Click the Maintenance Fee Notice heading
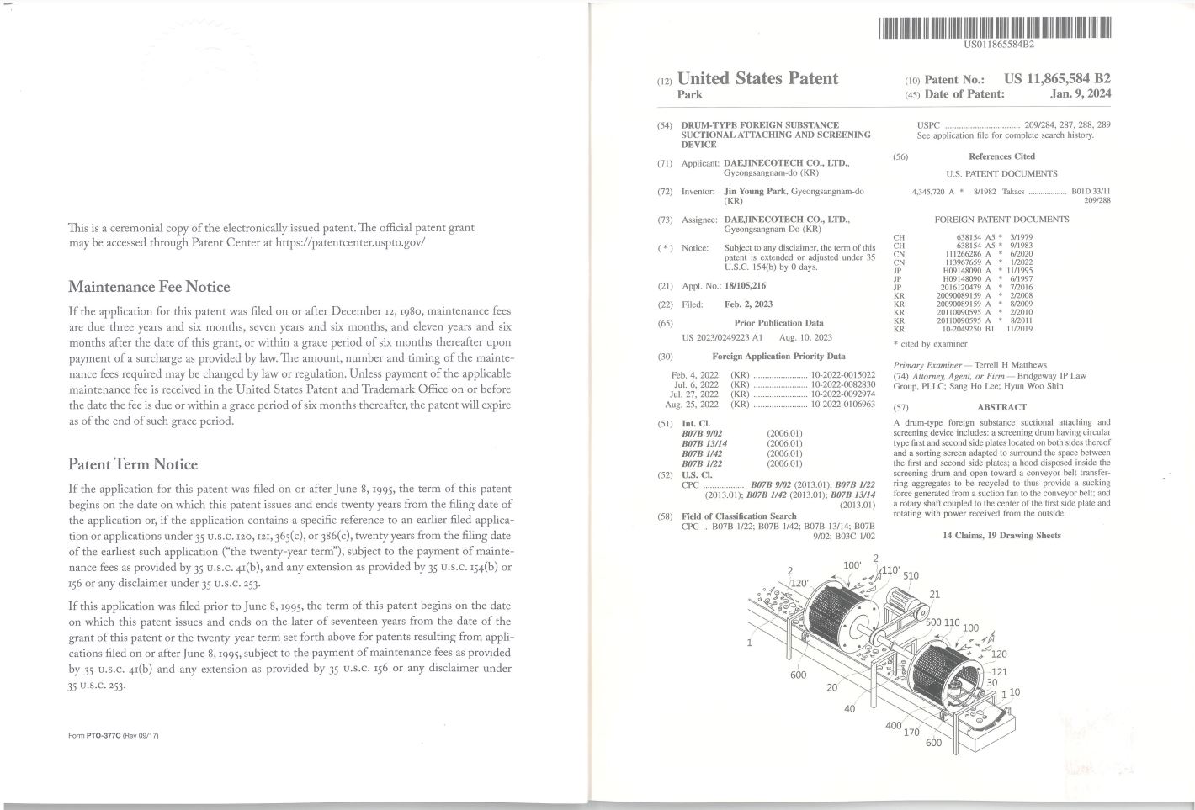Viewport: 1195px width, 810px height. pyautogui.click(x=149, y=287)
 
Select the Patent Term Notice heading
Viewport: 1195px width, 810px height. pyautogui.click(x=133, y=464)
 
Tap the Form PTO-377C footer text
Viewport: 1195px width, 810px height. pyautogui.click(x=114, y=736)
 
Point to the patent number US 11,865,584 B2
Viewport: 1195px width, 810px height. pyautogui.click(x=1057, y=78)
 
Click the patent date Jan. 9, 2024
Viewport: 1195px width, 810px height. pyautogui.click(x=1081, y=94)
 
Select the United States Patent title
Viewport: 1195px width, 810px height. pyautogui.click(x=757, y=78)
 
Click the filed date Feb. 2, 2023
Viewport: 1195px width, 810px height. pyautogui.click(x=748, y=304)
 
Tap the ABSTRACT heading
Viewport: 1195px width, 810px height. pyautogui.click(x=1001, y=407)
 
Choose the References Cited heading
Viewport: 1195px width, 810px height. pyautogui.click(x=1001, y=156)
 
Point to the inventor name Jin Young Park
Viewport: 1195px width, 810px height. pyautogui.click(x=755, y=192)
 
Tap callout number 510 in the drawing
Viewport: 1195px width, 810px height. pyautogui.click(x=911, y=576)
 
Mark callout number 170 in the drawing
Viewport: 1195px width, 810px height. pyautogui.click(x=911, y=732)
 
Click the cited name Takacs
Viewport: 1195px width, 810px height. pyautogui.click(x=1013, y=192)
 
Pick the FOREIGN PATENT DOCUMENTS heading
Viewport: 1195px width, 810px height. pyautogui.click(x=1001, y=220)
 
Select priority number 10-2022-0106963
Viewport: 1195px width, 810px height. pyautogui.click(x=842, y=405)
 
